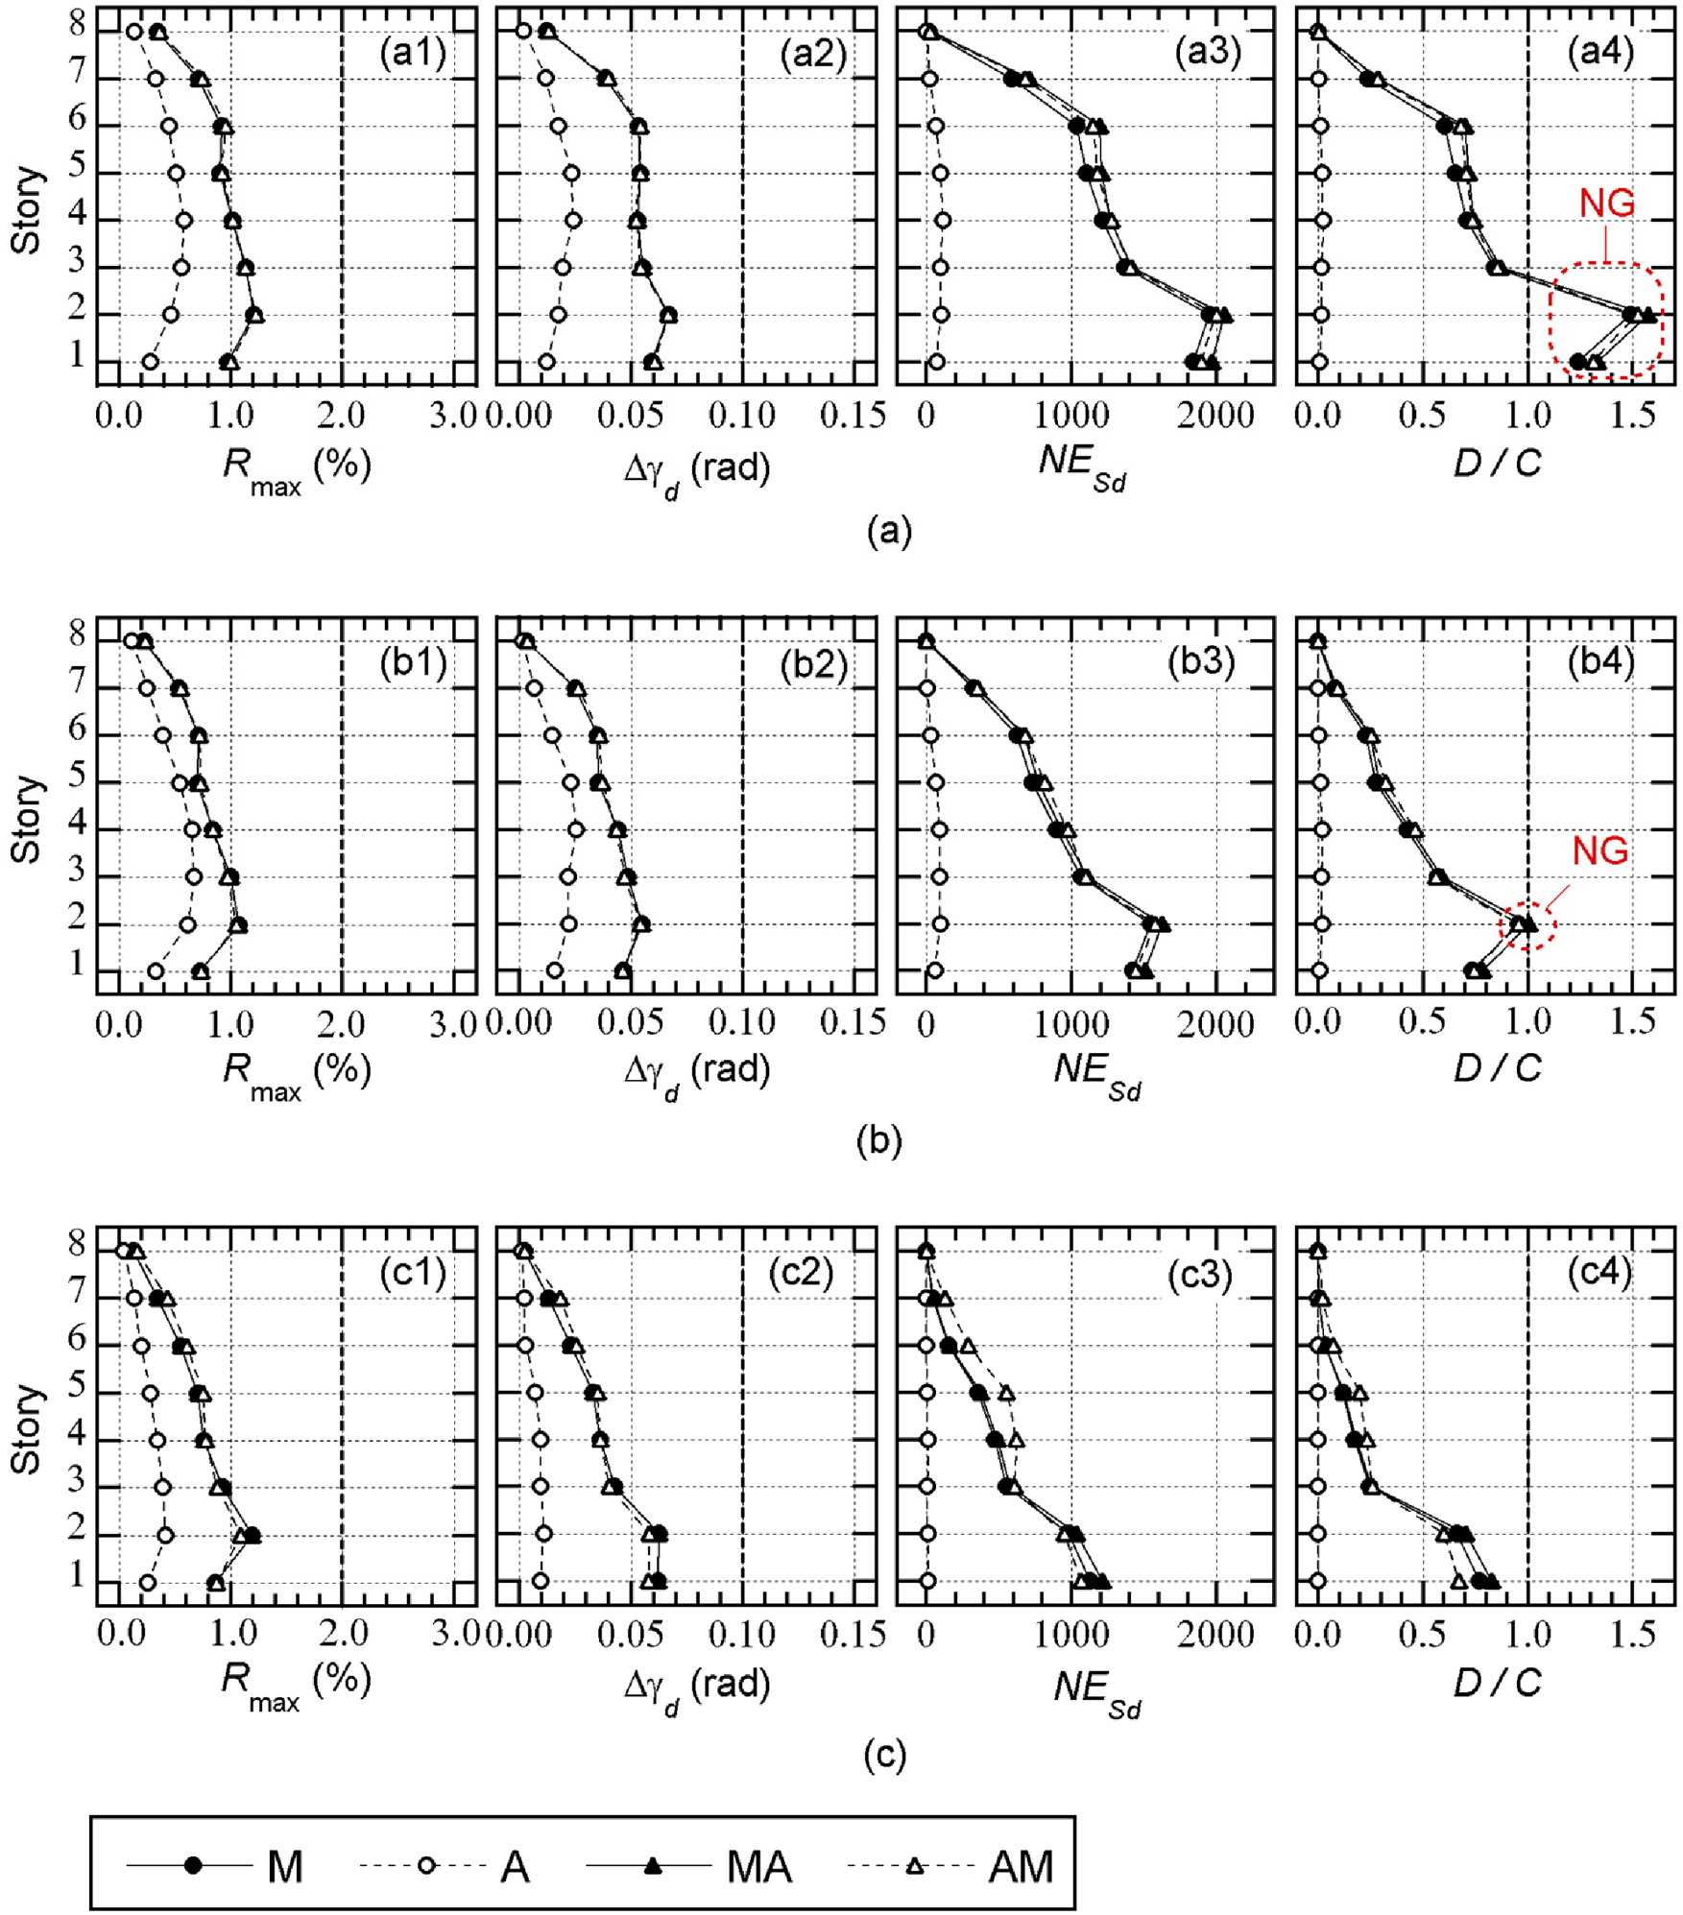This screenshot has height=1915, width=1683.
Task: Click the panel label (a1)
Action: pos(413,53)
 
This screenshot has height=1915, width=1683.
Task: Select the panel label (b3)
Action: pos(1200,662)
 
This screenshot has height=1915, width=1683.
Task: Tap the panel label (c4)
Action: pos(1599,1273)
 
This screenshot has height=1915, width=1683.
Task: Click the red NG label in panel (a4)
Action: pos(1607,203)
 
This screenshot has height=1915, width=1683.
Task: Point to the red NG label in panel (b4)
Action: pos(1600,850)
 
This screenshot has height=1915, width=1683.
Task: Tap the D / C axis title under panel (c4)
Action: pos(1497,1682)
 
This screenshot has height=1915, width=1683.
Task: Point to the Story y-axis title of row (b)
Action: pos(26,818)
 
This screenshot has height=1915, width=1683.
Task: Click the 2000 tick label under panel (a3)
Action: pos(1215,416)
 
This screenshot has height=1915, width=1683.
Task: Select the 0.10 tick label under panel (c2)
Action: pos(741,1635)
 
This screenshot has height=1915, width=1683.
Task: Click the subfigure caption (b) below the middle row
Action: pos(878,1141)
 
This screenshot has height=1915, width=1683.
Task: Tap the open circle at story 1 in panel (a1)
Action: pos(150,362)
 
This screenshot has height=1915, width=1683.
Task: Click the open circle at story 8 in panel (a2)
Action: pos(523,31)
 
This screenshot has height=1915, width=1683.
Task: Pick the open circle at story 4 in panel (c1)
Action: pos(157,1440)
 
